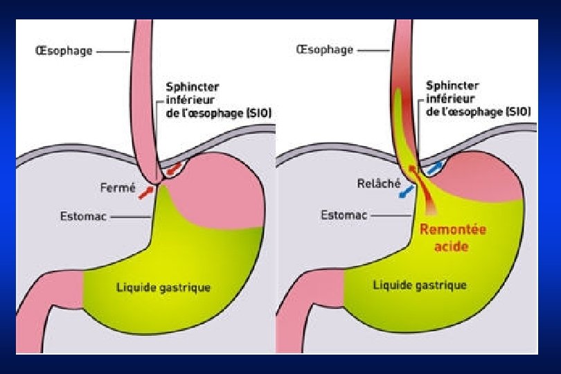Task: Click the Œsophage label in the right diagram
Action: pyautogui.click(x=324, y=50)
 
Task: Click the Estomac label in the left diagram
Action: pyautogui.click(x=82, y=216)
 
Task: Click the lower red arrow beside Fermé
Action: pyautogui.click(x=146, y=192)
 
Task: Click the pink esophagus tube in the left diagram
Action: pyautogui.click(x=143, y=90)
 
